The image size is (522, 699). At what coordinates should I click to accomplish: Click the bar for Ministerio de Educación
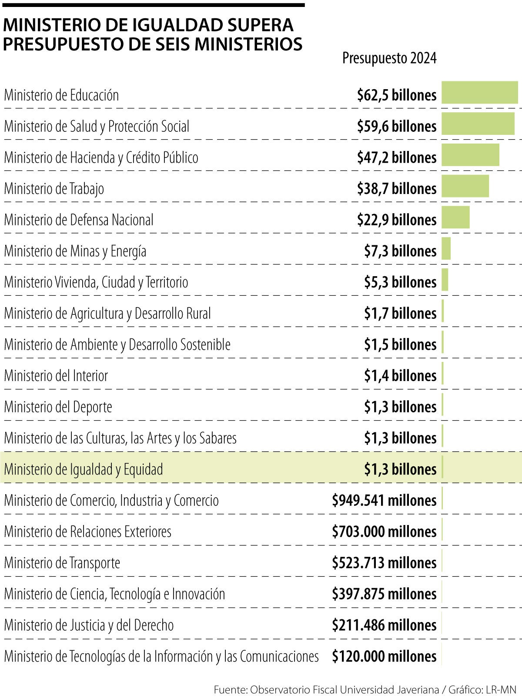click(479, 92)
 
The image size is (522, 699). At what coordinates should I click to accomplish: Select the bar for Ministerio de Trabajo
click(465, 186)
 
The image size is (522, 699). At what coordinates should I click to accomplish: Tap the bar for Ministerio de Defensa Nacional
click(455, 217)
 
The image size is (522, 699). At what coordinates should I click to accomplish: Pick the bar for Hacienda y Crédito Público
click(470, 155)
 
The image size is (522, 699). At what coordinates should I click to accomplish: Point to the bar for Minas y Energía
click(446, 248)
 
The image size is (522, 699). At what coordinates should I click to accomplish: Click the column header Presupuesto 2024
click(389, 58)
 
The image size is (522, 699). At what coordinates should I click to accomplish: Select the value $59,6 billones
click(396, 126)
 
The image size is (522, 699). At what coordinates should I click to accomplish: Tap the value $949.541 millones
click(384, 500)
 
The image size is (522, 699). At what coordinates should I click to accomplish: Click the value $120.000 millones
click(384, 656)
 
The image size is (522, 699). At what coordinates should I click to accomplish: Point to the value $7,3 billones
click(400, 251)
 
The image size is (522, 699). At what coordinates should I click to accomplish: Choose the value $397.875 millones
click(384, 594)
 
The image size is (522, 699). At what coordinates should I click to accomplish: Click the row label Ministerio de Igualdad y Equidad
click(84, 469)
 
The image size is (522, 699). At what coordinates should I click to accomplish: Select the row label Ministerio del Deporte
click(58, 407)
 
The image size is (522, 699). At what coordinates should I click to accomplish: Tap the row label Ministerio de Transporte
click(62, 563)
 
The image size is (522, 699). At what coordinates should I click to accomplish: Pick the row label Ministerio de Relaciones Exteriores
click(87, 532)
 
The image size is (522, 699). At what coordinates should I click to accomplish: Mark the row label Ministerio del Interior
click(56, 375)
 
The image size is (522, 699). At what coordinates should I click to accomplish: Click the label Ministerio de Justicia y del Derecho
click(89, 625)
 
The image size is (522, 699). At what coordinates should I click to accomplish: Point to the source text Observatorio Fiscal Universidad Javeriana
click(345, 689)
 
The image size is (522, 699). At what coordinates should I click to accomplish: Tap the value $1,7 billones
click(400, 313)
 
